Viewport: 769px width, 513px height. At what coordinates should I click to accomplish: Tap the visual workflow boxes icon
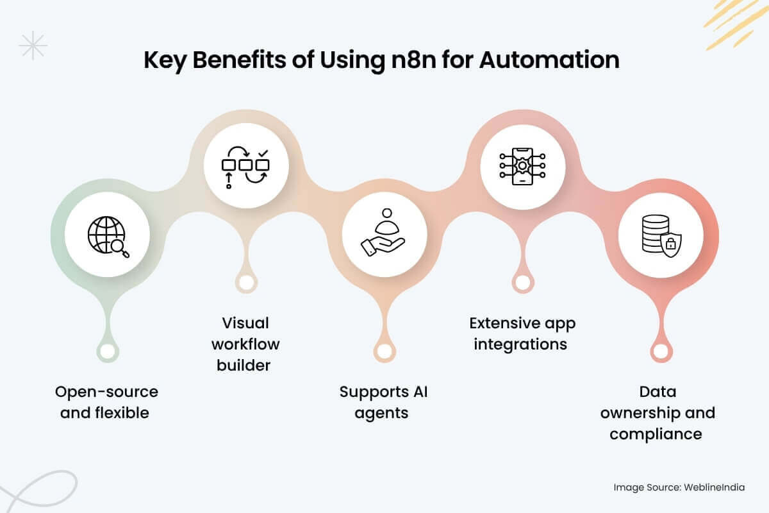coord(245,168)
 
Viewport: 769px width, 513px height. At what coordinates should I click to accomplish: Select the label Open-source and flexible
coord(106,402)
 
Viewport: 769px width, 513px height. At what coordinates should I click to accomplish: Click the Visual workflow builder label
coord(246,344)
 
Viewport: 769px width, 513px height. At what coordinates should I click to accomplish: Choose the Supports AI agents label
coord(383,402)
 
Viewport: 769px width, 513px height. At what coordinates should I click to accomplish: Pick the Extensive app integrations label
coord(522,333)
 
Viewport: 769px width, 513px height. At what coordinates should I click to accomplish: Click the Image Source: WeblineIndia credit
coord(679,487)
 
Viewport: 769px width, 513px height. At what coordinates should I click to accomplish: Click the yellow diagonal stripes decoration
coord(737,22)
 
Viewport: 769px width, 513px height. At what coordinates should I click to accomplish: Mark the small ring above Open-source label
coord(107,351)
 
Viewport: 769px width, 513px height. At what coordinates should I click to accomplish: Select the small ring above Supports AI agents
coord(383,351)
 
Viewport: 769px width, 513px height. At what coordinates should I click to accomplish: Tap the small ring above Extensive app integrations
coord(522,282)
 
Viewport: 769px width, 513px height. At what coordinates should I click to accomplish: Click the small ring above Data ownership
coord(660,351)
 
